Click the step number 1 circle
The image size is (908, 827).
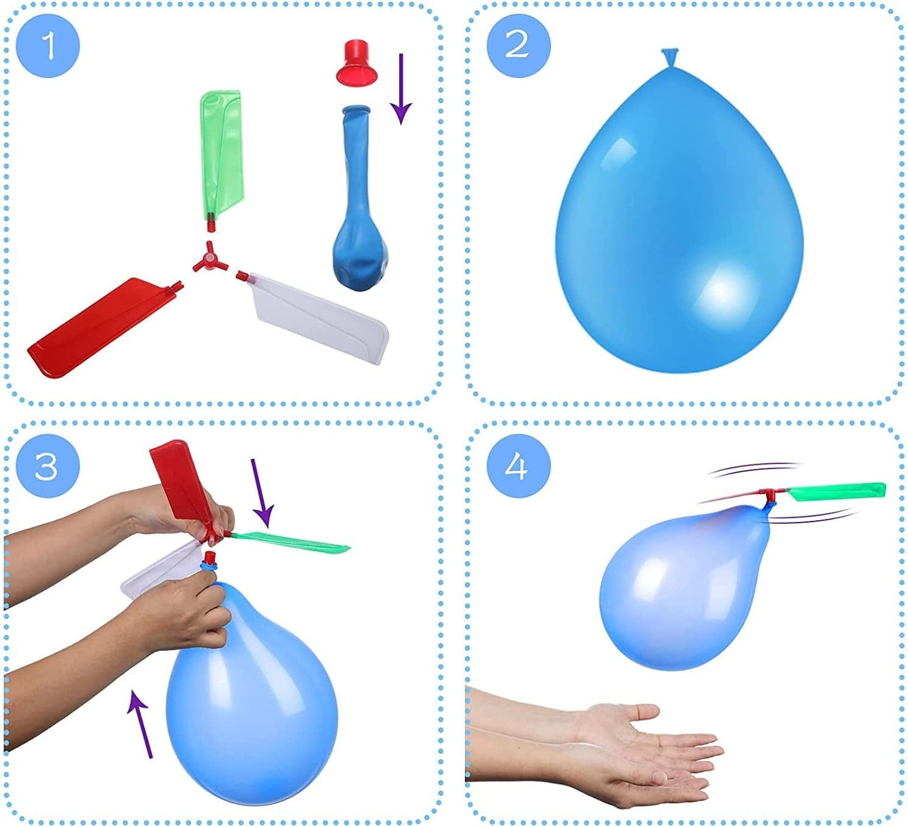point(48,46)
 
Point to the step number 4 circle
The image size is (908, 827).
point(518,466)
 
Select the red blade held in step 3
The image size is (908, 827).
point(179,481)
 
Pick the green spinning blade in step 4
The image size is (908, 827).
point(836,491)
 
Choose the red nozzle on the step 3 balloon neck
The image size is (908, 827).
point(209,557)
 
